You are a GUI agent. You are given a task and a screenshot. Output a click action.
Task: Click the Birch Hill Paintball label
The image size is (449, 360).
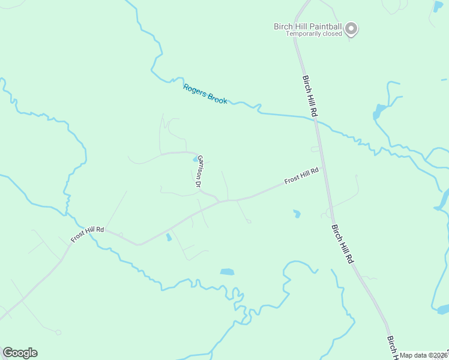tap(307, 26)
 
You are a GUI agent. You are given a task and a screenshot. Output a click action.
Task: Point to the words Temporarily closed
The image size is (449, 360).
tap(313, 34)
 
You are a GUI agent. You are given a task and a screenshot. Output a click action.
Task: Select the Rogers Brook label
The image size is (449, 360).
tap(205, 94)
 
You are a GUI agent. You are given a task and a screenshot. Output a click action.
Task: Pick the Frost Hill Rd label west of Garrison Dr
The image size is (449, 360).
tap(88, 234)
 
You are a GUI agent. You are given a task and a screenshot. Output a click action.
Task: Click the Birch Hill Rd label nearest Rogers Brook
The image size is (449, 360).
tap(310, 96)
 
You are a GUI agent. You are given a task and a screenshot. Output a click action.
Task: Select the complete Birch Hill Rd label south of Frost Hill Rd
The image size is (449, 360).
tap(342, 244)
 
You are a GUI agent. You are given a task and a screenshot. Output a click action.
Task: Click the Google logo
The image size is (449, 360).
tap(20, 353)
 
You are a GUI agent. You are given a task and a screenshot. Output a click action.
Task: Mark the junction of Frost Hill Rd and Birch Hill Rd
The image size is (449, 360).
tap(323, 168)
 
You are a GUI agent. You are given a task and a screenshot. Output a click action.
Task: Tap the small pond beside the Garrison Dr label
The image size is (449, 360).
tap(196, 160)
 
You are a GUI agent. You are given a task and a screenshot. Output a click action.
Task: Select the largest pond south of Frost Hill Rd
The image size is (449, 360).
tap(227, 272)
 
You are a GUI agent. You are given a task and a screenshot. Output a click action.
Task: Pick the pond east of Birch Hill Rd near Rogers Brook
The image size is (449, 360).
tap(379, 112)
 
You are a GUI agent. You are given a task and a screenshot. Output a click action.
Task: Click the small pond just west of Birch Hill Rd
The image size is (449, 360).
tap(297, 213)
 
